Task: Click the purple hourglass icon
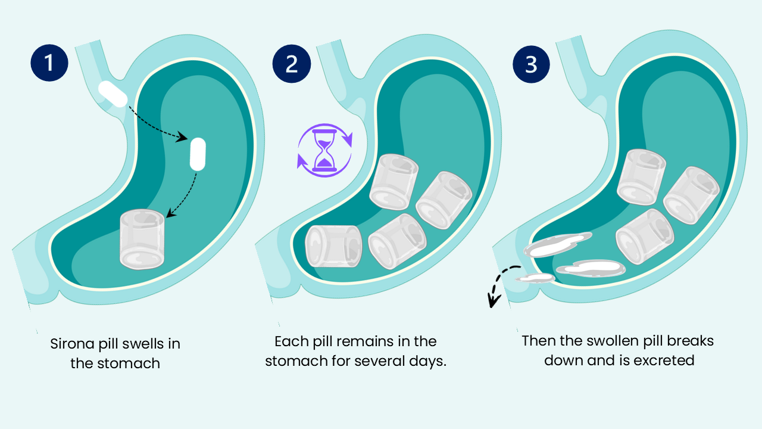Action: click(x=324, y=151)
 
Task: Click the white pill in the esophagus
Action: click(x=113, y=94)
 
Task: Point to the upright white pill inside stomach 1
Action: click(x=197, y=154)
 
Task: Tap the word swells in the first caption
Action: click(x=160, y=344)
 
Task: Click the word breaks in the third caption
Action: click(x=691, y=341)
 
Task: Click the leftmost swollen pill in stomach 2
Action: click(x=333, y=245)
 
